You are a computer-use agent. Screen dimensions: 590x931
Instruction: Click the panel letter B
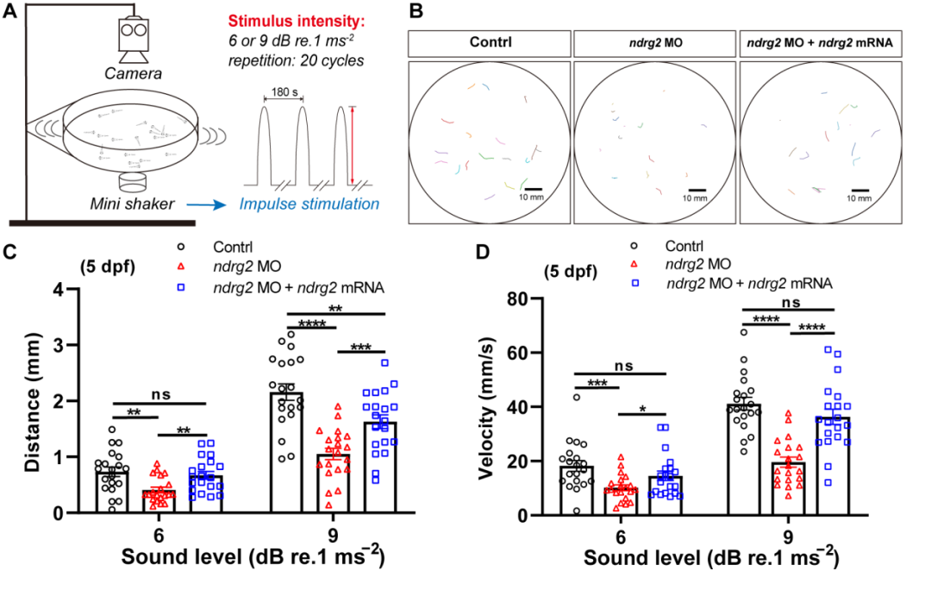coord(416,12)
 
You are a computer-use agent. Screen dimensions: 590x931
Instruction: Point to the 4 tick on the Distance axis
coord(55,290)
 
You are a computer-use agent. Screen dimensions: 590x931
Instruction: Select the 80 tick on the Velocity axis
coord(516,299)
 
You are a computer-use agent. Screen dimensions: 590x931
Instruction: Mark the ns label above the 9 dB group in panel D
coord(787,304)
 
